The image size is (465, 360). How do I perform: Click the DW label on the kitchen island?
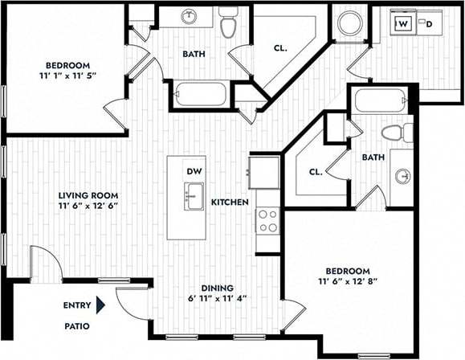coord(194,171)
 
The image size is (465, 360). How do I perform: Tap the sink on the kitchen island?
coord(194,195)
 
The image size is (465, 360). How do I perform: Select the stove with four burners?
coord(267,220)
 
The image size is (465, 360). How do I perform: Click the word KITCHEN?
coord(230,202)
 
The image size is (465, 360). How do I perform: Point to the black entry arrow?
coord(101,305)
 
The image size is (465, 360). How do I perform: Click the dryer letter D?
coord(429,25)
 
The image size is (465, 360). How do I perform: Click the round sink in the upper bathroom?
coord(190,16)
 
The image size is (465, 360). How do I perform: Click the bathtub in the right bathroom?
coord(381,100)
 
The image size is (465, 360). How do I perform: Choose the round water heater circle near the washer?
coord(350,22)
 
